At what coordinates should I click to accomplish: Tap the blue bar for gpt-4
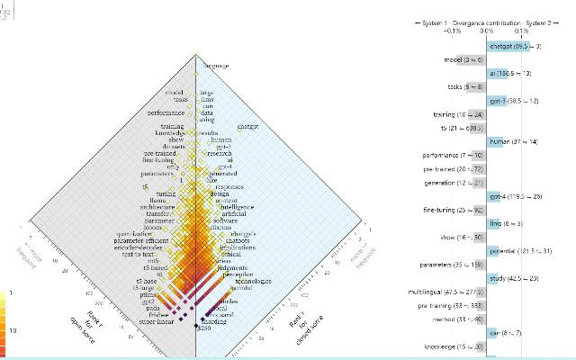[495, 197]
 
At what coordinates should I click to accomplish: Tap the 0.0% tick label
[487, 29]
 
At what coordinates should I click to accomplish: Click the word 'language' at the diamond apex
[215, 66]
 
